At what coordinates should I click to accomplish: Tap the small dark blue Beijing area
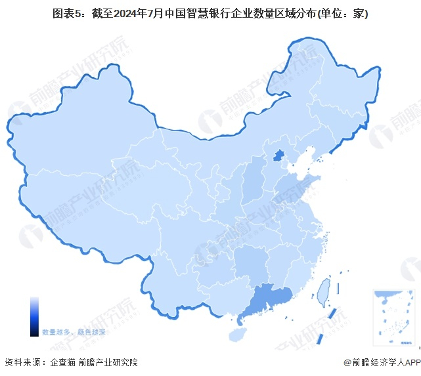pyautogui.click(x=278, y=156)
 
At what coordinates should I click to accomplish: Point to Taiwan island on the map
pyautogui.click(x=322, y=291)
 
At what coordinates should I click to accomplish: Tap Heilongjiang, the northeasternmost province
pyautogui.click(x=328, y=85)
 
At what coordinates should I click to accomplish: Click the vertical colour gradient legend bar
pyautogui.click(x=34, y=316)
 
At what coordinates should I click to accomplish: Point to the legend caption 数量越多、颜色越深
pyautogui.click(x=74, y=332)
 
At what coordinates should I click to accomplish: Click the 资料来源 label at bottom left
pyautogui.click(x=21, y=362)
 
